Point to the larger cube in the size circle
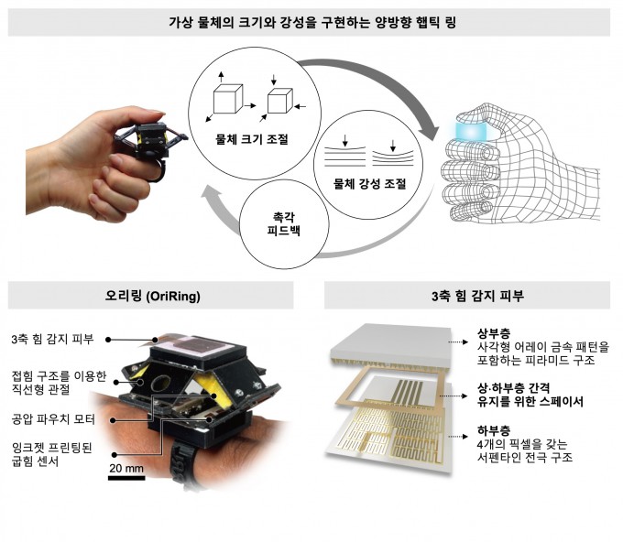226,99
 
